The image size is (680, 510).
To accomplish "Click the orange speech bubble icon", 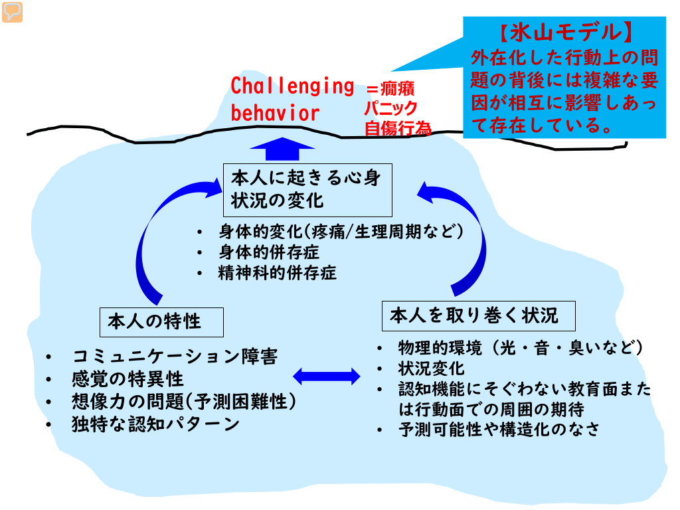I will point(12,12).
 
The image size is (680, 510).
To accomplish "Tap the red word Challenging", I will point(292,86).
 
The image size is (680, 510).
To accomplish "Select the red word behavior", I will point(275,112).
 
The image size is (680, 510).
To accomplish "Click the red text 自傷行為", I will point(397,128).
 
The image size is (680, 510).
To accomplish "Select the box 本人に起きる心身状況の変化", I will point(307,189).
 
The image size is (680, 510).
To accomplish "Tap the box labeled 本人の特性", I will point(161,322).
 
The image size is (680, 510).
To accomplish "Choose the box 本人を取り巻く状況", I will point(478,315).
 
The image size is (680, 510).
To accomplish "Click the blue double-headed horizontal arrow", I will point(326,376).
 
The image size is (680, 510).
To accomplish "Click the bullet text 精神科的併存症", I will point(278,272).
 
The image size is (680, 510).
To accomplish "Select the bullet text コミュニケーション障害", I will point(175,357).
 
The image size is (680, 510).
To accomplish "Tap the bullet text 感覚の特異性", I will point(127,379).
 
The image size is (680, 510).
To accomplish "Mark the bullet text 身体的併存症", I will point(268,252).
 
